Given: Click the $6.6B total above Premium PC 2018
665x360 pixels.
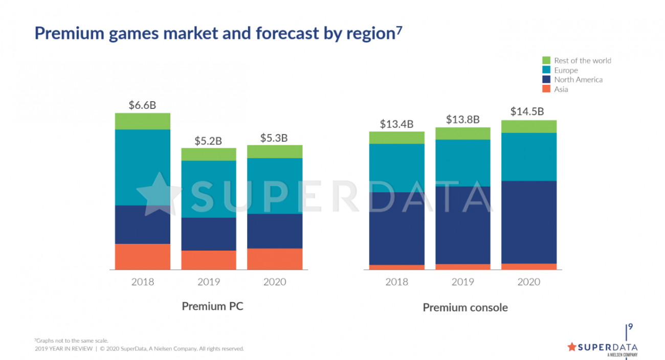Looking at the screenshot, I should click(x=142, y=105).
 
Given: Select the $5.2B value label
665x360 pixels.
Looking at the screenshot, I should click(x=208, y=141).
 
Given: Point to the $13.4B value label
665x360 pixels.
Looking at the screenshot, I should click(x=396, y=124).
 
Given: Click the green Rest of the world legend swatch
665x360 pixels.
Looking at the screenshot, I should click(x=546, y=60).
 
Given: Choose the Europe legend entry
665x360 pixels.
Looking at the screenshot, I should click(x=566, y=70).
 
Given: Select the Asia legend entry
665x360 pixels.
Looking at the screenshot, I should click(x=561, y=89).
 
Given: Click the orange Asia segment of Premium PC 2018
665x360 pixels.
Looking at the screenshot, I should click(x=142, y=256).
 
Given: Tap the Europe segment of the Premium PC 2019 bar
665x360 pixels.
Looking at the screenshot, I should click(x=209, y=189).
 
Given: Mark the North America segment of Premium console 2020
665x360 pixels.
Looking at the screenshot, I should click(x=528, y=222).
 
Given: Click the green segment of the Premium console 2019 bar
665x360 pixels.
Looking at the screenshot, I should click(x=463, y=133).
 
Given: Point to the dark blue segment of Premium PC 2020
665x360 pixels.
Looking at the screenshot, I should click(x=275, y=231).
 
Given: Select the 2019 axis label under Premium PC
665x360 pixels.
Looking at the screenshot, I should click(x=209, y=282).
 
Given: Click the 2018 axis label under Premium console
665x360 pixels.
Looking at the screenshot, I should click(x=396, y=282).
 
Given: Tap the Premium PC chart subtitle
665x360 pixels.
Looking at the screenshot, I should click(x=212, y=306).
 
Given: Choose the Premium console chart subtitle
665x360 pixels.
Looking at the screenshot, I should click(x=465, y=307).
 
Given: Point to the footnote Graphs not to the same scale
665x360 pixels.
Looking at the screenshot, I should click(x=71, y=341).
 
